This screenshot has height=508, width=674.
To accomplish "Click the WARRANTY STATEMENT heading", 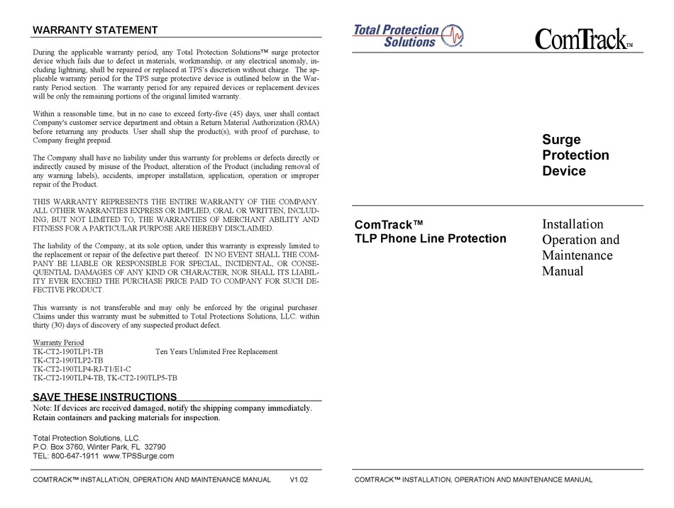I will pos(95,30).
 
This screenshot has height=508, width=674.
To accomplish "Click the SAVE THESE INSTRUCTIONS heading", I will pos(105,397).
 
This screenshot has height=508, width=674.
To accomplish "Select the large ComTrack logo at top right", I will pos(582,38).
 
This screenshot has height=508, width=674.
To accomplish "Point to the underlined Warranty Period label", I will pos(58,342).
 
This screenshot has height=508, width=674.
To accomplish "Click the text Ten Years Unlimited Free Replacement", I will pos(216,351).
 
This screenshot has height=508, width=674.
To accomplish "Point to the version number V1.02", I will pos(299,480).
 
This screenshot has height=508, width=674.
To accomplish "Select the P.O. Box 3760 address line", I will pos(99,447).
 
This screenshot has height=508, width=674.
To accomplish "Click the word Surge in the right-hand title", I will pos(561,140).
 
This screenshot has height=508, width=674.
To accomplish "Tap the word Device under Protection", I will pos(564,171).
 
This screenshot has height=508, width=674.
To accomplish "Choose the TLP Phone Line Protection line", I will pos(430,238).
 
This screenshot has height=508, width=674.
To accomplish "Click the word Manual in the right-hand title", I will pos(563,270).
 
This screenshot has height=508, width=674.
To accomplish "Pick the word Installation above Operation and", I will pos(573,224).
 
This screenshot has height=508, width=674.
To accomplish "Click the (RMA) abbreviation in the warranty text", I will pos(307,122).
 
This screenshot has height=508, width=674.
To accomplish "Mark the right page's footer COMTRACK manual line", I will pos(473,480).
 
